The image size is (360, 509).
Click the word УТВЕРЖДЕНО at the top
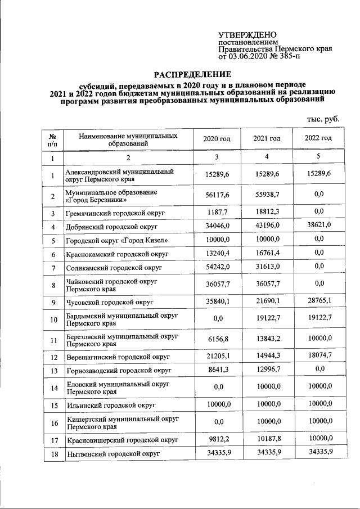(x=248, y=34)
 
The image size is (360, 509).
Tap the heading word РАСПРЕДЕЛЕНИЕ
(x=193, y=74)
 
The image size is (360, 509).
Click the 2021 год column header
(x=267, y=138)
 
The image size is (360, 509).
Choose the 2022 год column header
(x=318, y=138)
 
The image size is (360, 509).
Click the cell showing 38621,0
(x=318, y=227)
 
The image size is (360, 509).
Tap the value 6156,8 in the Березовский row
(x=217, y=340)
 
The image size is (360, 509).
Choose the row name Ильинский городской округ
(x=110, y=405)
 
